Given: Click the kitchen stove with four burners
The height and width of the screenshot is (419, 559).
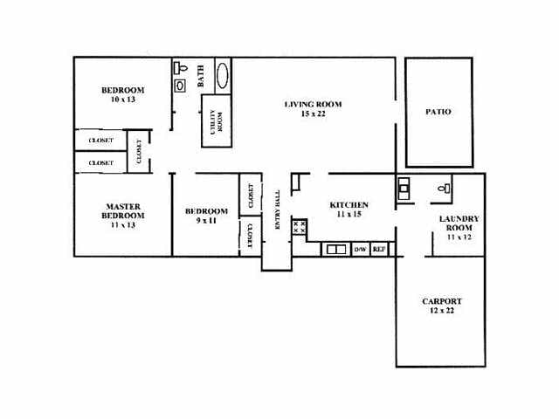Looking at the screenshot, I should tap(299, 228).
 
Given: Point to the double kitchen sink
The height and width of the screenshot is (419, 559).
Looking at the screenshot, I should tap(335, 250).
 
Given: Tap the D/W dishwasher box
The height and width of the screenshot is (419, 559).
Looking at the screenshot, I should tap(360, 250).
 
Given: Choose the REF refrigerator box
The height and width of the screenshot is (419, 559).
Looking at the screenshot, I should tap(379, 250).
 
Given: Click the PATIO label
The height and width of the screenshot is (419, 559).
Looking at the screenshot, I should tap(438, 112).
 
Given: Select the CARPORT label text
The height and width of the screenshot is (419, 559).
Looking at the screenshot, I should tap(442, 301).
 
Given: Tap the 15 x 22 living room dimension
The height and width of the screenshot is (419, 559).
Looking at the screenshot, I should tap(312, 114).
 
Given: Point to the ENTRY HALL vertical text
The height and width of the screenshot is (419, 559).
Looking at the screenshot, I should tap(278, 210).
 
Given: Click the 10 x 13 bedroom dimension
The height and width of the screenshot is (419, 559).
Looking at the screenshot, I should tap(122, 100).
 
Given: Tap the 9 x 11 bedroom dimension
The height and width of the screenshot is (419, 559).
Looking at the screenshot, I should tap(206, 221).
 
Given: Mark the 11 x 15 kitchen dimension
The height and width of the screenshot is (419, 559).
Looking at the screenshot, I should tap(349, 215).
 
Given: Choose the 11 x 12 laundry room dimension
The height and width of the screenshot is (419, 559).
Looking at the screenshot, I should tap(458, 237).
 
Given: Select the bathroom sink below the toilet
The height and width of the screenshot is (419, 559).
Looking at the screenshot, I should tap(181, 86).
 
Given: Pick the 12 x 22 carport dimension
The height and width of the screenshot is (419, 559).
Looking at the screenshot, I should tap(442, 311).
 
